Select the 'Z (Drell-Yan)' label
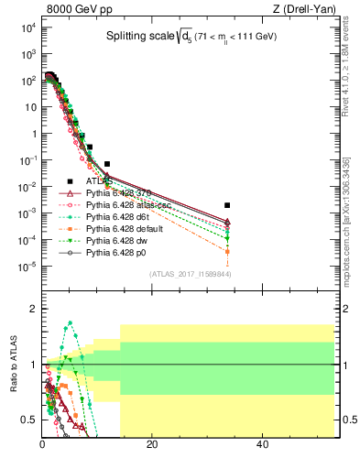coord(298,10)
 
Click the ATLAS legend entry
coord(98,181)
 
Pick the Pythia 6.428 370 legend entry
coord(116,193)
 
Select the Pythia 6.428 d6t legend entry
coord(116,217)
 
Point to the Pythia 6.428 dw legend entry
coord(115,241)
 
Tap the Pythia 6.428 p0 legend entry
coord(115,253)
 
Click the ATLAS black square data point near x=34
coord(227,205)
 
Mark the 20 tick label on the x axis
coord(152,445)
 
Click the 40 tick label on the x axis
coord(262,445)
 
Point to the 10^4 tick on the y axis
coord(29,27)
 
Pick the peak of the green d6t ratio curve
coord(70,322)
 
